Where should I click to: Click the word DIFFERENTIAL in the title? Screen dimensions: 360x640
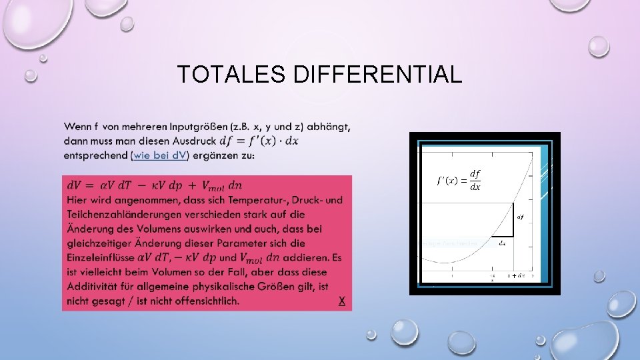pyautogui.click(x=377, y=74)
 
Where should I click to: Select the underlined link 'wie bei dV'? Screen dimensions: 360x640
pyautogui.click(x=161, y=155)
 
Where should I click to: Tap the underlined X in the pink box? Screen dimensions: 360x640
pyautogui.click(x=342, y=301)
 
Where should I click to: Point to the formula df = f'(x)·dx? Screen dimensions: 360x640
pyautogui.click(x=257, y=141)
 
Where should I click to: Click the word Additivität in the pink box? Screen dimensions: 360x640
pyautogui.click(x=91, y=287)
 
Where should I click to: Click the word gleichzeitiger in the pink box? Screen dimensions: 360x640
pyautogui.click(x=101, y=243)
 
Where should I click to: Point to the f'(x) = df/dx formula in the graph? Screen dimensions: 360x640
pyautogui.click(x=458, y=181)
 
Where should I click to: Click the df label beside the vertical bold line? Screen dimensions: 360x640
pyautogui.click(x=520, y=216)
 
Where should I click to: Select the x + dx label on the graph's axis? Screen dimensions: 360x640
pyautogui.click(x=516, y=275)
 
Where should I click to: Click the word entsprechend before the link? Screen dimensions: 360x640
pyautogui.click(x=96, y=155)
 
